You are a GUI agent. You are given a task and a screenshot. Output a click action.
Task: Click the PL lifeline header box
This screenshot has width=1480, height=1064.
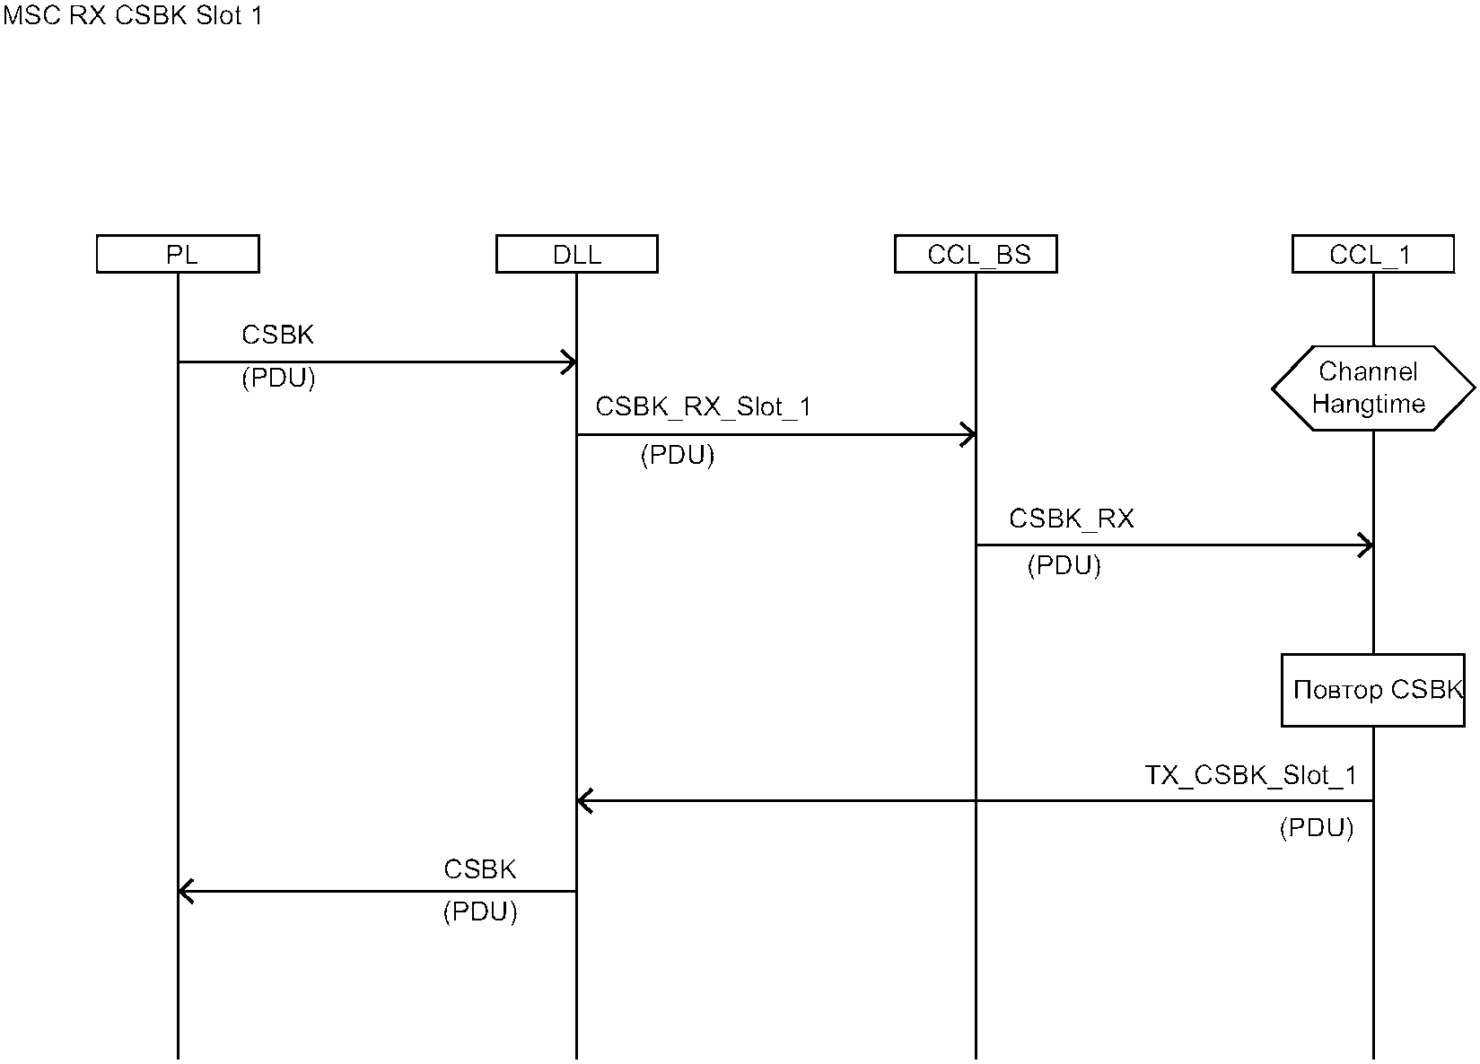point(178,254)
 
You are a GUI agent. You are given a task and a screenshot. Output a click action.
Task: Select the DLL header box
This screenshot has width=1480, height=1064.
point(576,254)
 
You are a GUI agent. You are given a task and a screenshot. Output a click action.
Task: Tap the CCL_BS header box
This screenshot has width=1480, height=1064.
point(976,254)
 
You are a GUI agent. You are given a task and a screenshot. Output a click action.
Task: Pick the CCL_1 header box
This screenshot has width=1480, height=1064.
point(1372,254)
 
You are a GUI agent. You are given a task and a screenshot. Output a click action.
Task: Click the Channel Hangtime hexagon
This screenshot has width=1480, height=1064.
point(1372,388)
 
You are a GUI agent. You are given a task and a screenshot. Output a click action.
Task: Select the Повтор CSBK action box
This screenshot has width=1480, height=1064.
point(1372,690)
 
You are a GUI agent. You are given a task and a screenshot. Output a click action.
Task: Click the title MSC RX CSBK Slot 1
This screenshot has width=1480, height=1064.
point(133,16)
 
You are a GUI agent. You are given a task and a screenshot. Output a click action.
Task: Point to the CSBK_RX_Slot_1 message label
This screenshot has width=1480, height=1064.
point(703,407)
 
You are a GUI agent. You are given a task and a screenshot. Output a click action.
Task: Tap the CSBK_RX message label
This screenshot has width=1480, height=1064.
point(1071,519)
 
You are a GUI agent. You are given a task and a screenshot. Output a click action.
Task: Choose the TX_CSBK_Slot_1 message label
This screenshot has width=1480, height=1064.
point(1250,776)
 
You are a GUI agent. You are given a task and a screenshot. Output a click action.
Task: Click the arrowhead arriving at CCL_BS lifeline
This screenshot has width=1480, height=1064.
point(969,435)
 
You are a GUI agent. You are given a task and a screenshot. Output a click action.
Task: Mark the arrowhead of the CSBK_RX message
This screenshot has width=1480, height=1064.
point(1366,545)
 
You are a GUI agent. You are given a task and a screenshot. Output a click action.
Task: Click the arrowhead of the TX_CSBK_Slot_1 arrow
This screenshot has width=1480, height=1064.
point(583,801)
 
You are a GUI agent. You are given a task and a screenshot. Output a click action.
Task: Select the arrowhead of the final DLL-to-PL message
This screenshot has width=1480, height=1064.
point(185,892)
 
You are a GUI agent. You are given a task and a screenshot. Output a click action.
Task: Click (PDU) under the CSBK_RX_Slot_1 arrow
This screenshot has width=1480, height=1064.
point(677,456)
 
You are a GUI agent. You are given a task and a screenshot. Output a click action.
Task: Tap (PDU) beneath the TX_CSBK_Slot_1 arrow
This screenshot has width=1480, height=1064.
point(1316,827)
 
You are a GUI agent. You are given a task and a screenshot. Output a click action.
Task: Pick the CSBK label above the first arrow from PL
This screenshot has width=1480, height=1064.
point(278,336)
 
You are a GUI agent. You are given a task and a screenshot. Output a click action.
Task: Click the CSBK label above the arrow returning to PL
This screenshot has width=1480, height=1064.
point(480,869)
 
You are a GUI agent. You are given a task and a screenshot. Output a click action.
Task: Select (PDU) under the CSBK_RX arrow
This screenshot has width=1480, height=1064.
point(1064,566)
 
